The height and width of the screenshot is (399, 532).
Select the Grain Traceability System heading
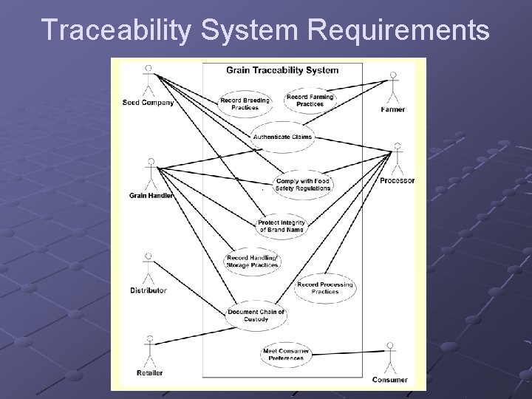tap(282, 71)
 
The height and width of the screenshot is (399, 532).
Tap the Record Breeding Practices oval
tap(245, 103)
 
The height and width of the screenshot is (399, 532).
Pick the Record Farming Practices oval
tap(310, 100)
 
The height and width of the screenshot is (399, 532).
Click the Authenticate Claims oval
tap(282, 137)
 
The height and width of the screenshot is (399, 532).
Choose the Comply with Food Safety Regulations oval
tap(302, 184)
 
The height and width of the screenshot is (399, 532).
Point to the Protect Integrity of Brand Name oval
tap(282, 226)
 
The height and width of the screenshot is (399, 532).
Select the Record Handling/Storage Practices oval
tap(252, 261)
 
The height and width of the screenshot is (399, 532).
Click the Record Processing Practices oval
tap(325, 287)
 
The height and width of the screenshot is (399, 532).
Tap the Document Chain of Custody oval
tap(256, 316)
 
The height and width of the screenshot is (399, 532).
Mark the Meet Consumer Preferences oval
tap(286, 354)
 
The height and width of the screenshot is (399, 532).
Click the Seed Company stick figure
tap(148, 81)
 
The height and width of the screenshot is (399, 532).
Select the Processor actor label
tap(398, 181)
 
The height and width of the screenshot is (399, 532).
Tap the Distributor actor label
tap(148, 290)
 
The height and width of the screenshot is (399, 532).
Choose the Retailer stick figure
tap(150, 352)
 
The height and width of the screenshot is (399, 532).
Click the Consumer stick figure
tap(389, 358)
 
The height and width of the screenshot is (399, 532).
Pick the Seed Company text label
tap(148, 103)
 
